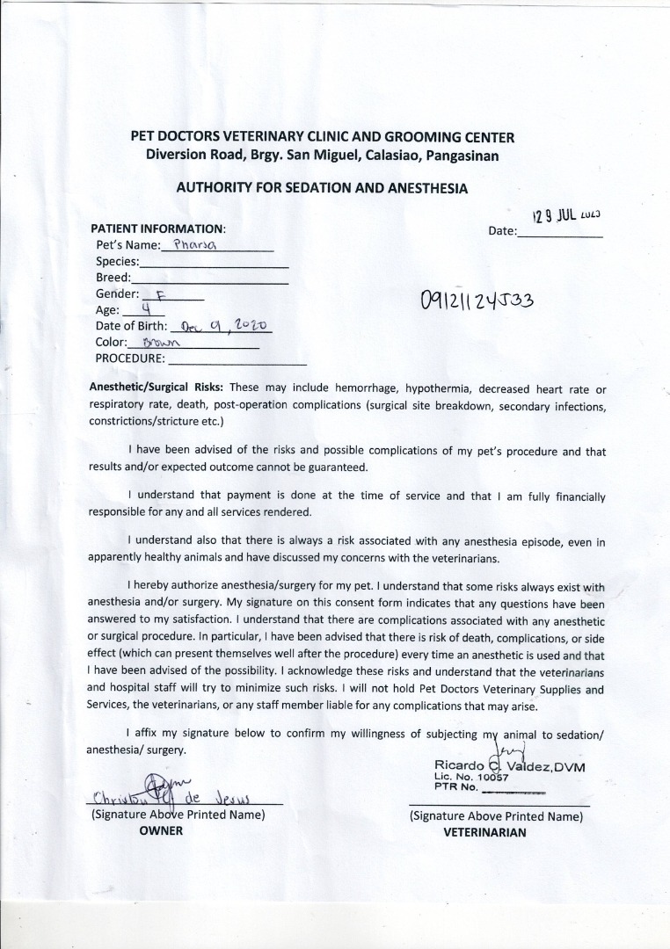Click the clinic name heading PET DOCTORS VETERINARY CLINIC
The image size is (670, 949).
point(322,137)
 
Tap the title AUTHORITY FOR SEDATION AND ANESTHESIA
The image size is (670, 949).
point(322,188)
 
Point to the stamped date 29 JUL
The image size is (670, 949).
point(565,214)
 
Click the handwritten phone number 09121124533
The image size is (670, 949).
point(477,301)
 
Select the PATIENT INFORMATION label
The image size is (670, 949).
point(158,228)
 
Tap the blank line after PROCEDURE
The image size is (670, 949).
point(237,359)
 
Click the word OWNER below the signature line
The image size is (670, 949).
point(161,831)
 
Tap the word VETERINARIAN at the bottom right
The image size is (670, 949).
point(485,832)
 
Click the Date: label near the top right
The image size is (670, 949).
point(502,231)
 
